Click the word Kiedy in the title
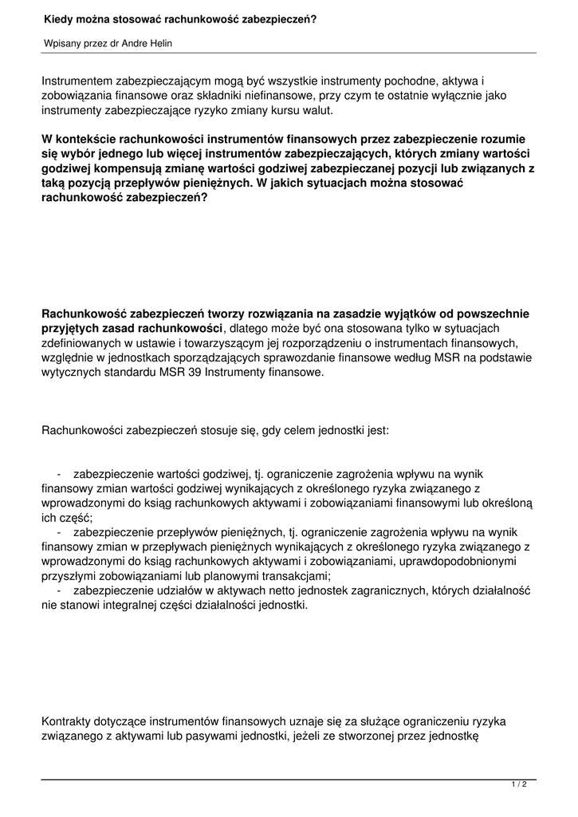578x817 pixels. (57, 18)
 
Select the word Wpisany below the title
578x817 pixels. (61, 43)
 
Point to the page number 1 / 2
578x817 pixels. (519, 785)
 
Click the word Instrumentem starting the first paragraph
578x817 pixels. (77, 81)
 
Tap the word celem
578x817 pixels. (276, 431)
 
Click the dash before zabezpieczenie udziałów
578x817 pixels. (60, 590)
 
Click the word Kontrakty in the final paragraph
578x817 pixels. (66, 721)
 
